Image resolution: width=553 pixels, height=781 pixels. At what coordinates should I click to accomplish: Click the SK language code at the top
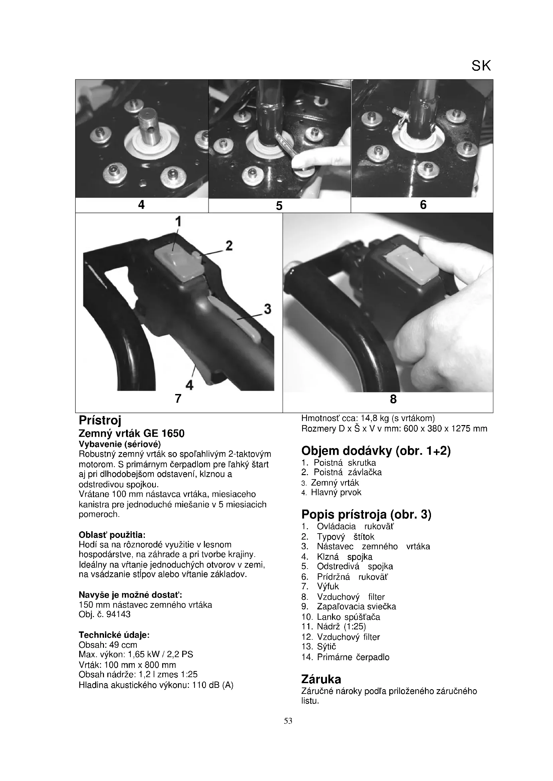(x=481, y=66)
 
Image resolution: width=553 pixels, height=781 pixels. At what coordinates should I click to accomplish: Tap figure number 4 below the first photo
(x=141, y=205)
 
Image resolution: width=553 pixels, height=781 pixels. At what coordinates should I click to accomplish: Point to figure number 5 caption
(x=279, y=206)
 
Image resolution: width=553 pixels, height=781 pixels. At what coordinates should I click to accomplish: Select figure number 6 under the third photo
(x=423, y=205)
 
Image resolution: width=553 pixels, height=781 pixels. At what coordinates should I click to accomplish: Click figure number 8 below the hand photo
(x=393, y=399)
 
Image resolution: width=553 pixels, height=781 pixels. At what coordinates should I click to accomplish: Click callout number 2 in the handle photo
(x=229, y=246)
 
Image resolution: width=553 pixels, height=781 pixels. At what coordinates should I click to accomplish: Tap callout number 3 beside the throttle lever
(x=268, y=309)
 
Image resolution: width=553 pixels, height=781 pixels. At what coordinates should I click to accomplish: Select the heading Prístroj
(x=100, y=420)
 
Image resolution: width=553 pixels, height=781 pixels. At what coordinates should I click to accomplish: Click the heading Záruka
(x=321, y=679)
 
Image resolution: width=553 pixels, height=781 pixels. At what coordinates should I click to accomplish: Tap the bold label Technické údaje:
(x=114, y=635)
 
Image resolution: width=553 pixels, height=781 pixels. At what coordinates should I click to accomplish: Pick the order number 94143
(x=118, y=614)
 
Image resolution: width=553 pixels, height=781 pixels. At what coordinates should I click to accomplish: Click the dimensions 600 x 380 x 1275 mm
(x=445, y=429)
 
